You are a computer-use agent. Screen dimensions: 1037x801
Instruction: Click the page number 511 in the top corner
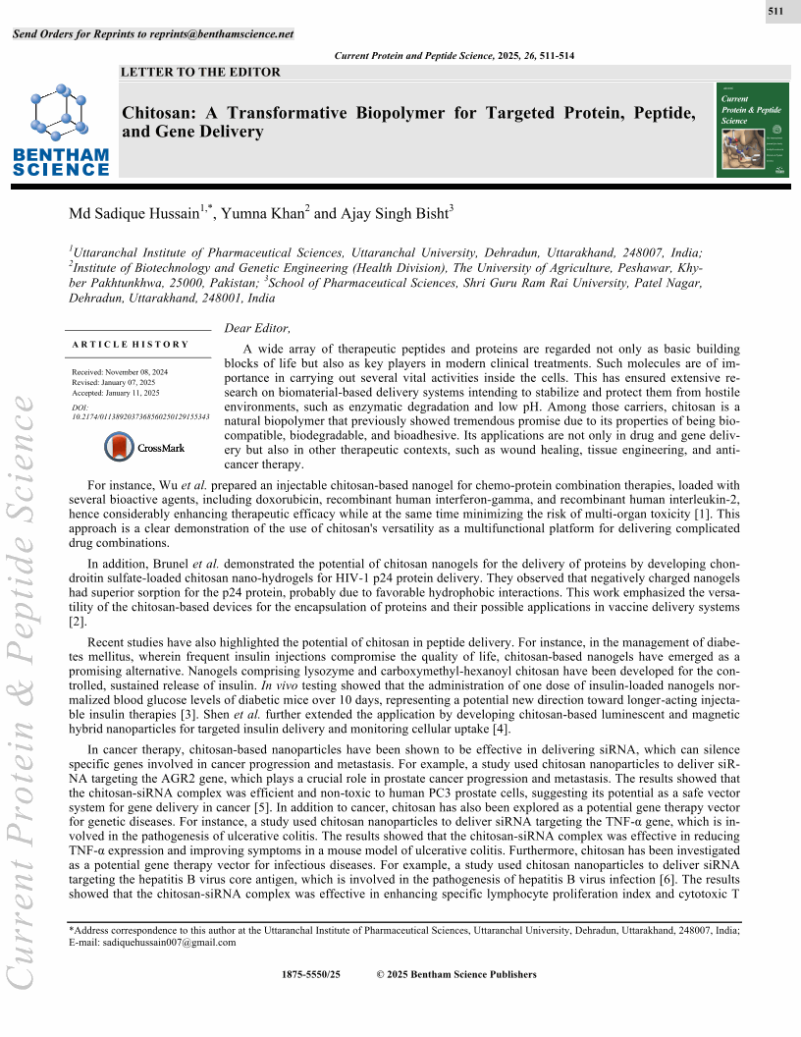[774, 12]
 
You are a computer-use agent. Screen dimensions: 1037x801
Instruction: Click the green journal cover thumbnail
[754, 130]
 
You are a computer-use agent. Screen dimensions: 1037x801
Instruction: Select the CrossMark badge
[144, 447]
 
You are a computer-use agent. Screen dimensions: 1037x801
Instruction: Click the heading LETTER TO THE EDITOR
[200, 72]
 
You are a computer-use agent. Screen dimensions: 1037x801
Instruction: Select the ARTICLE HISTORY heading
[131, 345]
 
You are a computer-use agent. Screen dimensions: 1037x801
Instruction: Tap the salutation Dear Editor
[258, 328]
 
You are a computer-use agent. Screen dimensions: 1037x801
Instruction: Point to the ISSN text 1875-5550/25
[310, 974]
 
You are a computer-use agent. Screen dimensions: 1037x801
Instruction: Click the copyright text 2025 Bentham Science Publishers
[462, 974]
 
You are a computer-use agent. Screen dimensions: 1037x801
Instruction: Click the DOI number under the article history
[141, 416]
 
